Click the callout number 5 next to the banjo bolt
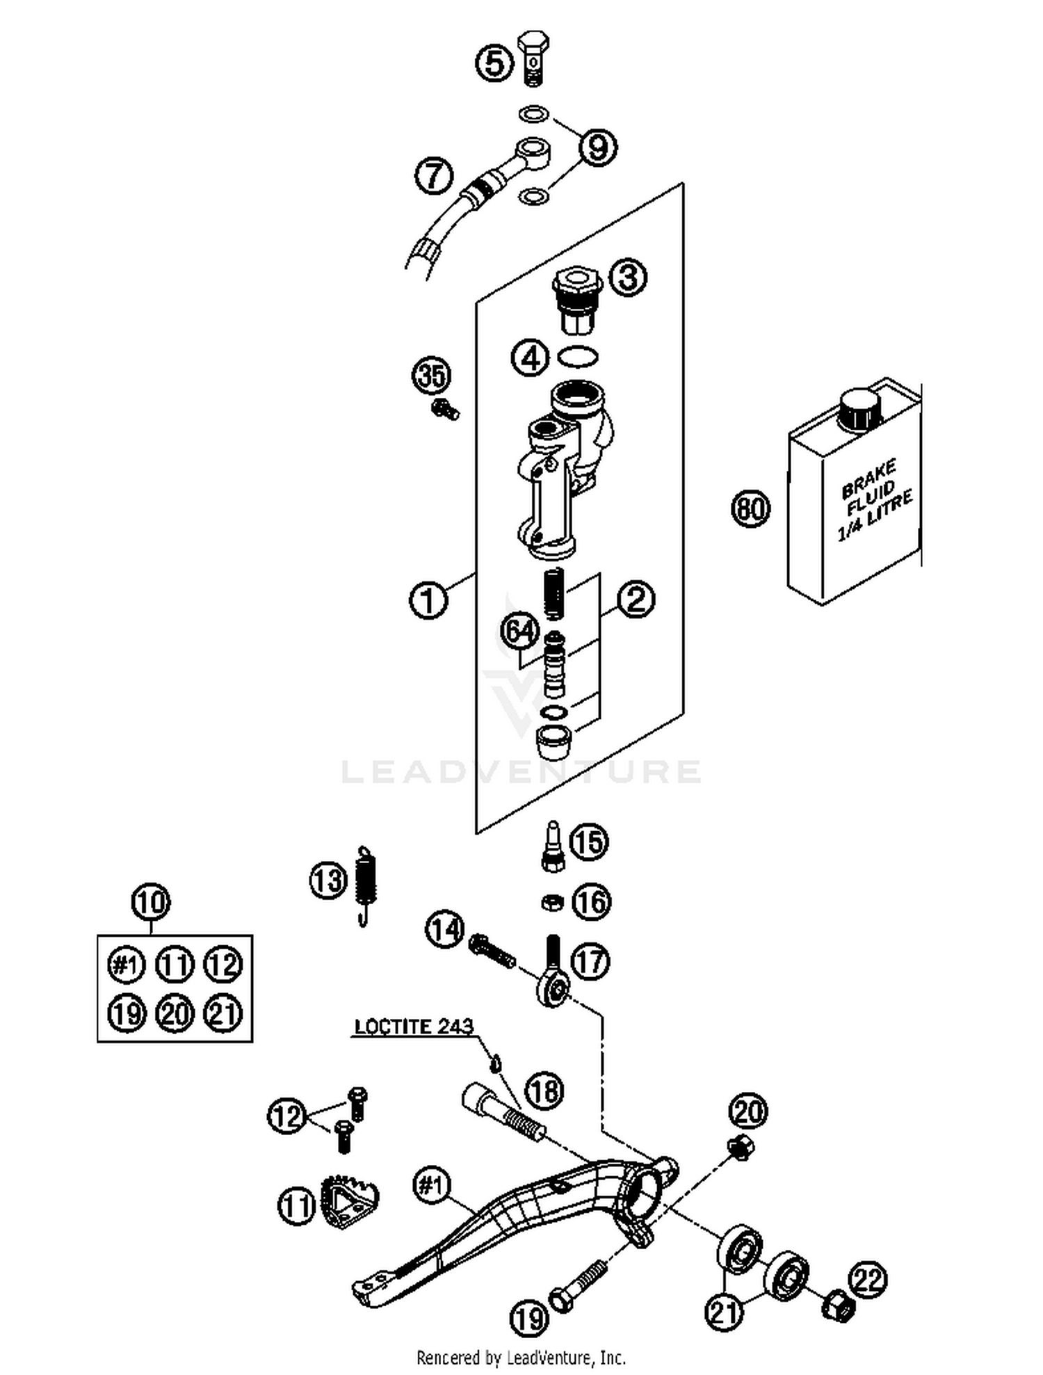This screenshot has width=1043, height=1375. (494, 64)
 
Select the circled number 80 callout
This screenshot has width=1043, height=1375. (751, 508)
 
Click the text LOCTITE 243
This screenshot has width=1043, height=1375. (414, 1027)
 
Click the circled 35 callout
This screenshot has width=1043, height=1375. (431, 376)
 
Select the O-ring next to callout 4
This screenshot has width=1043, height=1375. (578, 357)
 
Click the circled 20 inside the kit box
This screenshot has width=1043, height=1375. (175, 1013)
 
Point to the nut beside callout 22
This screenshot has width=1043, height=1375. (839, 1306)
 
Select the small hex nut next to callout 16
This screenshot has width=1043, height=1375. (552, 903)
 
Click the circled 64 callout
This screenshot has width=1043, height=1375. (521, 632)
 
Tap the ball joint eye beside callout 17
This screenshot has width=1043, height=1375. (553, 987)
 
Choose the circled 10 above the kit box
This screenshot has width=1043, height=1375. (151, 902)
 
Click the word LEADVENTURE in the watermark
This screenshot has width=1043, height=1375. (521, 772)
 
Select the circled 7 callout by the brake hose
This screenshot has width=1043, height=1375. (434, 175)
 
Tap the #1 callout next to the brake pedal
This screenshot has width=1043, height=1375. (431, 1184)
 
